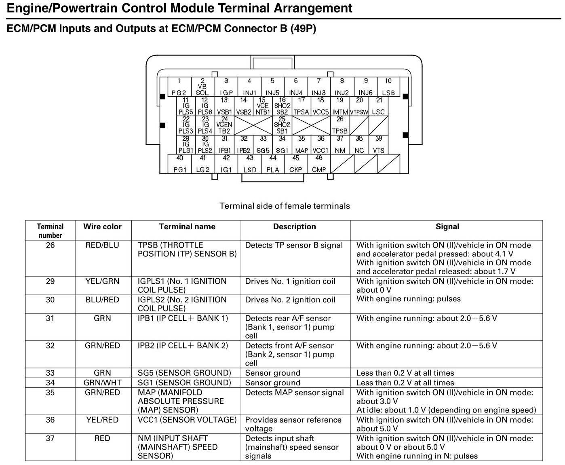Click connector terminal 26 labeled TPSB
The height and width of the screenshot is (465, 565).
[x=340, y=125]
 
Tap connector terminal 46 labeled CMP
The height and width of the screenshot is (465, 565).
[x=319, y=164]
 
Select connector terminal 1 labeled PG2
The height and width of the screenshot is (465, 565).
[x=179, y=87]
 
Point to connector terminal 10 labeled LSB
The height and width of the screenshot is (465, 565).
[x=388, y=87]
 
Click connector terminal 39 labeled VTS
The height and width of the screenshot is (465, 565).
[x=379, y=145]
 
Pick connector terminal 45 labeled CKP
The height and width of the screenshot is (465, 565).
[x=296, y=164]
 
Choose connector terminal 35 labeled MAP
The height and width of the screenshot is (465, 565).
[x=301, y=145]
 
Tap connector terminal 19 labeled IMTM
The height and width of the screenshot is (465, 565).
[x=340, y=106]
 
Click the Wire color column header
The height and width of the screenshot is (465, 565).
[x=102, y=227]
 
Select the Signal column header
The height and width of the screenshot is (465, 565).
[x=447, y=227]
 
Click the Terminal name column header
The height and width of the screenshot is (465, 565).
[x=187, y=227]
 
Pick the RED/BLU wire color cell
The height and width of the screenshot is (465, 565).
[x=102, y=245]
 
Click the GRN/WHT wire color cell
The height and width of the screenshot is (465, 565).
[x=102, y=383]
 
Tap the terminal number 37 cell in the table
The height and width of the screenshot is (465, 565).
[x=50, y=439]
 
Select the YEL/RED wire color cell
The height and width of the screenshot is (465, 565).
[x=102, y=420]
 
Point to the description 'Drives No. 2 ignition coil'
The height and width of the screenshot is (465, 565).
[x=290, y=300]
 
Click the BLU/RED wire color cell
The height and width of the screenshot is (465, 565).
[x=102, y=300]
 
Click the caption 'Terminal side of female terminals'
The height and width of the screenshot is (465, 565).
[x=285, y=206]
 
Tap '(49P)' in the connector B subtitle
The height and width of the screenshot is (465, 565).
[x=303, y=29]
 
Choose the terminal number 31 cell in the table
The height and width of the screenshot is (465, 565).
[x=50, y=319]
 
